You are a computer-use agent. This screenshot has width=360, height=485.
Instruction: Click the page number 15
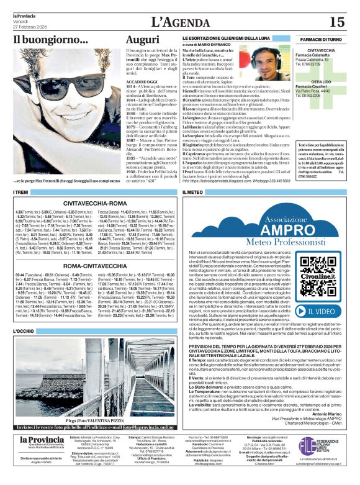[336, 22]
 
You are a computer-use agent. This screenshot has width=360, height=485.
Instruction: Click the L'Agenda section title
[179, 23]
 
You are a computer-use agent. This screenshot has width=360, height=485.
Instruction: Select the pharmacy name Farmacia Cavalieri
[315, 86]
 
